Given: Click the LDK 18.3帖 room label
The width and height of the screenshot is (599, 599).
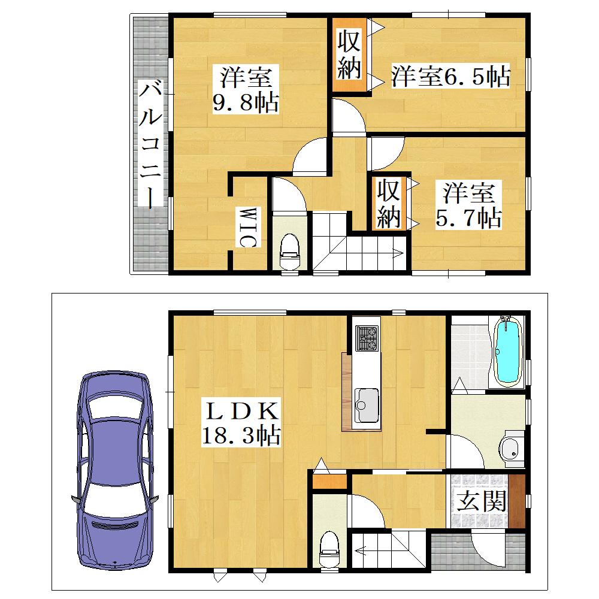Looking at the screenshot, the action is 241,423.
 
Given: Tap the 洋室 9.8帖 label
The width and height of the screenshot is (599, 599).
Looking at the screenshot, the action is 246,89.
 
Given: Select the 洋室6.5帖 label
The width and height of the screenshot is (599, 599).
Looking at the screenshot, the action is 450,76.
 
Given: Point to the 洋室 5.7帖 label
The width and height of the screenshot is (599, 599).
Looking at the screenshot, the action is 468,205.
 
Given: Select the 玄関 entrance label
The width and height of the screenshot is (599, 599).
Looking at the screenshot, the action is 482,501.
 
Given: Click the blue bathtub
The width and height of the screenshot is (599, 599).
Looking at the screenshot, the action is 508,350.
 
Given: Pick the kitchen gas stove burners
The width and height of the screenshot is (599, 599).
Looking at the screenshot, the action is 367,338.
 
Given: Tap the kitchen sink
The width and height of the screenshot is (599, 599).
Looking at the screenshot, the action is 367,405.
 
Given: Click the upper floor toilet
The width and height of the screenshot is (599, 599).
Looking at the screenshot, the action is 290,252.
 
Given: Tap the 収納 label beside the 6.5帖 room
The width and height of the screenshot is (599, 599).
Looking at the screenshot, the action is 349,55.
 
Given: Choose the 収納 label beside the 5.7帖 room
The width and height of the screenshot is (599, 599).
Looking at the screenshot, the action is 389,204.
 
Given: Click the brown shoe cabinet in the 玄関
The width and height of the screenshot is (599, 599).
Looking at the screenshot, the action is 517,501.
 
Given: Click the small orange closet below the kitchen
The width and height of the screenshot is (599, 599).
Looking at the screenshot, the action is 329,482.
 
